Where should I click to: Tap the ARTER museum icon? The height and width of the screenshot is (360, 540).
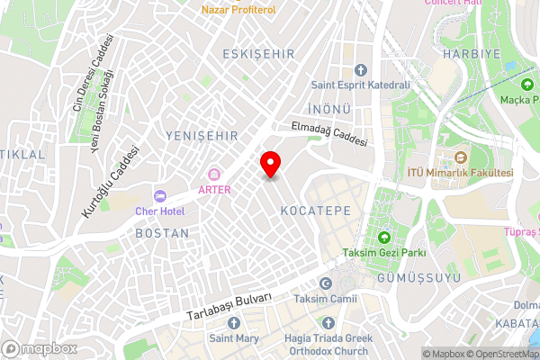(214, 174)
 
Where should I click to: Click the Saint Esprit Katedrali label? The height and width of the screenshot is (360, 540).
(360, 86)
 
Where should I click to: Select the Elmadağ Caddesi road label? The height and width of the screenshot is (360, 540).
(328, 135)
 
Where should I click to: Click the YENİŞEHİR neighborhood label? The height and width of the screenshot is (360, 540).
(202, 135)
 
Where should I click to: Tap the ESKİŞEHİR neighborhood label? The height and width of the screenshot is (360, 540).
(258, 54)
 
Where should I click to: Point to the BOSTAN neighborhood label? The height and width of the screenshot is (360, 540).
(162, 232)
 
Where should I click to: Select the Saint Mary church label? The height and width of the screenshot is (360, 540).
(235, 338)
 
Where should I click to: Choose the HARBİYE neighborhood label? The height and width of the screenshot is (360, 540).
(464, 54)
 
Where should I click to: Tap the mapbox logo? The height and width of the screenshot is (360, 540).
(39, 348)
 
